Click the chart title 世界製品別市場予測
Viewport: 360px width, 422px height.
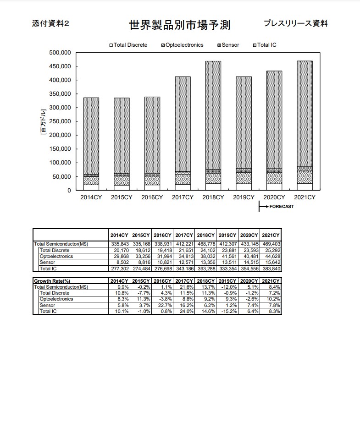pos(180,25)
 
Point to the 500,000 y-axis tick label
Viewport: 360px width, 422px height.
pos(59,53)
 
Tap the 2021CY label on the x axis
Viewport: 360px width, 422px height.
pos(305,197)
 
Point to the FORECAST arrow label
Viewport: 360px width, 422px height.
pos(281,207)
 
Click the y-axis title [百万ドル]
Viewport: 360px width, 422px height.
pos(43,121)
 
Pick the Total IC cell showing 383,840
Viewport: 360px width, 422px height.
pos(271,269)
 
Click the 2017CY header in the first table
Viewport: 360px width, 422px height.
pos(184,235)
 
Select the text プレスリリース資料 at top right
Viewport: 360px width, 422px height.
pos(296,24)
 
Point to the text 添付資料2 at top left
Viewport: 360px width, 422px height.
pos(50,24)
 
